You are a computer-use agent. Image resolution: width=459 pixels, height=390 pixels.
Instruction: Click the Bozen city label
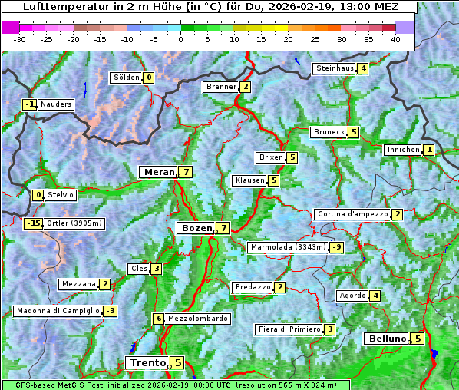tap(196, 228)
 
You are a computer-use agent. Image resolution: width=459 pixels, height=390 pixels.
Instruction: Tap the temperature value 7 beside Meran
tap(186, 172)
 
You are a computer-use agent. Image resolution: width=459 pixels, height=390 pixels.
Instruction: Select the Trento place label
tap(148, 362)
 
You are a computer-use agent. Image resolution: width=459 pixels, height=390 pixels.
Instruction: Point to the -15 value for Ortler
tap(33, 223)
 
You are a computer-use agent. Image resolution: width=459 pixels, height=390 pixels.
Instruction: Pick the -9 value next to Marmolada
tap(337, 247)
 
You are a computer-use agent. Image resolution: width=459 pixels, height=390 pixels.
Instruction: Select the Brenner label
tap(221, 87)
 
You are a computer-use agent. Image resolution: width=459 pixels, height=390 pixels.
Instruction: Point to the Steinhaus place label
tap(335, 68)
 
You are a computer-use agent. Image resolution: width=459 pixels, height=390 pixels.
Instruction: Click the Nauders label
tap(56, 104)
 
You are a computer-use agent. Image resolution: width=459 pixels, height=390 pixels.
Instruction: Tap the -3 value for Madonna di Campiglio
tap(111, 311)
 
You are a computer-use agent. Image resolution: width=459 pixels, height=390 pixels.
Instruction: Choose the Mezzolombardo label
tap(196, 319)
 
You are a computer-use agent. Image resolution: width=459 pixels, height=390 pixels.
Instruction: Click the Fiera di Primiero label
tap(289, 329)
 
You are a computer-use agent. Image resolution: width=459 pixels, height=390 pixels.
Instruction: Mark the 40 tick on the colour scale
tap(395, 38)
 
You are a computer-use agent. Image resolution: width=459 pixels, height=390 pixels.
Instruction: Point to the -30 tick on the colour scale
tap(20, 38)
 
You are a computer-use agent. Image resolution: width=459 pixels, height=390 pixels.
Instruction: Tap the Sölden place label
tap(127, 78)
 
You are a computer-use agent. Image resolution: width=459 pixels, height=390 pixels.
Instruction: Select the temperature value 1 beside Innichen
tap(429, 150)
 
